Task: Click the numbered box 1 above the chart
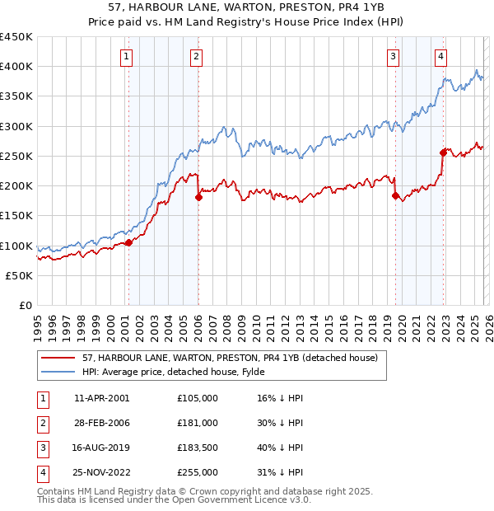tap(127, 57)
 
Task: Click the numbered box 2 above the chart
tap(198, 57)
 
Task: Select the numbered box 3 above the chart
tap(394, 57)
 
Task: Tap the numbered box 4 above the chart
tap(441, 57)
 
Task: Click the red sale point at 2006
tap(198, 197)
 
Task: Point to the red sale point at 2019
tap(395, 195)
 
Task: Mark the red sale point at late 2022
tap(443, 152)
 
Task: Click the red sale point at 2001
tap(128, 242)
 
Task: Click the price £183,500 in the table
tap(198, 448)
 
